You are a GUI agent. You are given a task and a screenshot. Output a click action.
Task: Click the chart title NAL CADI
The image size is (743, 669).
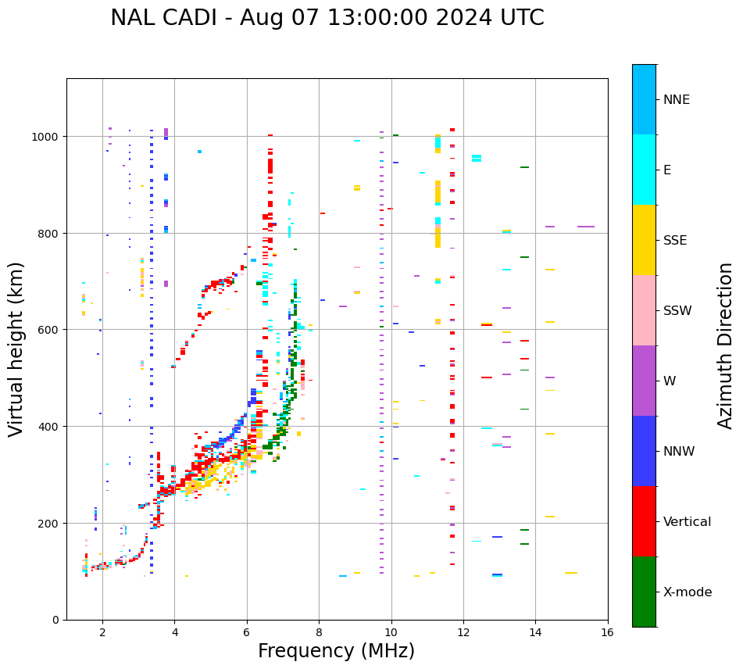click(327, 18)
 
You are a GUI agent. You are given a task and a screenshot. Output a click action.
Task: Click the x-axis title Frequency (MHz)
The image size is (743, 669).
click(336, 651)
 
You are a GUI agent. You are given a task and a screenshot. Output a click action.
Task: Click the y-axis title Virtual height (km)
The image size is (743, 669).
click(16, 349)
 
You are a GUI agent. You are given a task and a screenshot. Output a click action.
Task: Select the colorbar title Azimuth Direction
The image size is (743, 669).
click(726, 345)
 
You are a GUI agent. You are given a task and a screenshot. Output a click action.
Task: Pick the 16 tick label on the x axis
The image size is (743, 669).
click(607, 632)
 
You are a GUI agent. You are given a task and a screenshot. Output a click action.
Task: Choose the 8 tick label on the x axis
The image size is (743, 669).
click(319, 632)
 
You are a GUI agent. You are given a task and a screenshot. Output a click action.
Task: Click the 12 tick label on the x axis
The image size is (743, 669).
click(463, 632)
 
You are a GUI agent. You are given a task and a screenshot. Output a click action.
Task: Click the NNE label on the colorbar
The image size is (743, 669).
click(677, 100)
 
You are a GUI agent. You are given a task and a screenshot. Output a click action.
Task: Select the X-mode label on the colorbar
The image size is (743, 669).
click(688, 592)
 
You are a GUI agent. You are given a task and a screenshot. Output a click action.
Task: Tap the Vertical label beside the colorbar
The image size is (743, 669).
click(687, 522)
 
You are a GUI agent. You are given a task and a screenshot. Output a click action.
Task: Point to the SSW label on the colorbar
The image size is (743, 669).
click(677, 311)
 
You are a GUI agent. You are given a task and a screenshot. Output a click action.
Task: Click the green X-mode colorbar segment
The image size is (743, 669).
click(644, 592)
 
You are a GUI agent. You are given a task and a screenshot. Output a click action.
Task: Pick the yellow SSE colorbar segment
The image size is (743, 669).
click(644, 240)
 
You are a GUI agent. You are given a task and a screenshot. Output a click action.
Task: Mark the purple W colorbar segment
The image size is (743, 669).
click(644, 381)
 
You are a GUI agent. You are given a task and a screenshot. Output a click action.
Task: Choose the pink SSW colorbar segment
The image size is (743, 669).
click(644, 310)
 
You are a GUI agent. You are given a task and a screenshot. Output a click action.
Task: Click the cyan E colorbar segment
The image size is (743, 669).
click(644, 170)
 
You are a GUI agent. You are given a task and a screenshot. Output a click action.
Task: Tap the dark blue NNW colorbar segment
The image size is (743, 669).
click(644, 451)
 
